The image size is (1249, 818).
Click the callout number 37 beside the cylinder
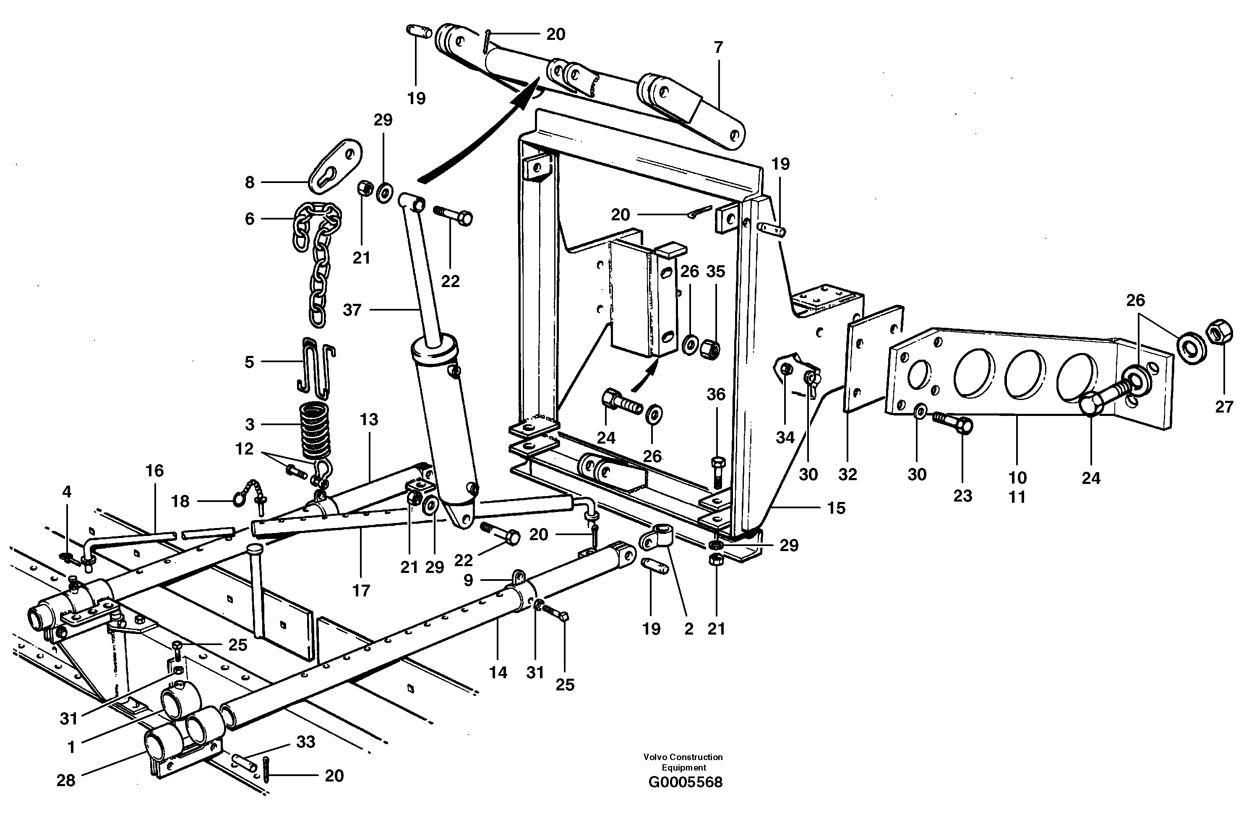pos(352,310)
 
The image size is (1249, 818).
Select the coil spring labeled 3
pos(316,429)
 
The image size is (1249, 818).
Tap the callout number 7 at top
pos(718,47)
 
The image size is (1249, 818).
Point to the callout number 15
pos(836,508)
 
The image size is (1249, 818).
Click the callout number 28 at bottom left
pos(66,781)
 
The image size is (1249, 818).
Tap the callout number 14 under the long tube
pos(498,672)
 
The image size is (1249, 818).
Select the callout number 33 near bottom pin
pos(305,742)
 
